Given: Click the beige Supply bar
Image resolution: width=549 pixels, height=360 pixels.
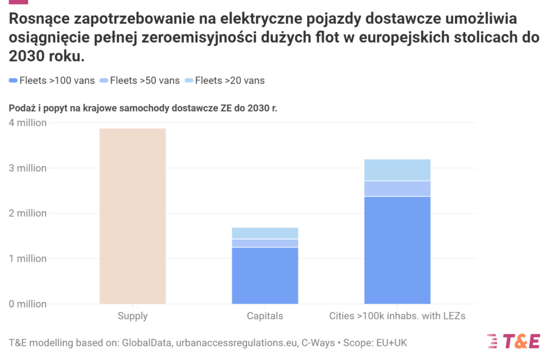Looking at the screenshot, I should point(132,216).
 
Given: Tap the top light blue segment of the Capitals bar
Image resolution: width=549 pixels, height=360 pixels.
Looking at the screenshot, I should point(265,233).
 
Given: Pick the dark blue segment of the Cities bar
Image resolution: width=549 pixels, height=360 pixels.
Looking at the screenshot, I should point(397,250).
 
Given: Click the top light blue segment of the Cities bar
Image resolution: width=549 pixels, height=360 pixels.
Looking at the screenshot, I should point(397,170).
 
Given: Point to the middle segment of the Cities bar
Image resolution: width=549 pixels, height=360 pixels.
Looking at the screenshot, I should point(397,189).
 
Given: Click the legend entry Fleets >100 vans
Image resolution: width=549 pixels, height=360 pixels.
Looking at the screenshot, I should point(52,80).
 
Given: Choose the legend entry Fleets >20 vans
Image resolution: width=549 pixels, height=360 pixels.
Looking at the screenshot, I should point(225,80).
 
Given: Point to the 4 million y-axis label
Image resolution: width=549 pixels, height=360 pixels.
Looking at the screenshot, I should point(27,122).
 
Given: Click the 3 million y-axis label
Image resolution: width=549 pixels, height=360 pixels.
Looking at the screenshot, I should point(27,168).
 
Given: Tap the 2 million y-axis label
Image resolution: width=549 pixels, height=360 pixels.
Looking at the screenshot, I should point(27,214).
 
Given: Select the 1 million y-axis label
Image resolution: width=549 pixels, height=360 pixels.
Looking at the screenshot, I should point(27,259).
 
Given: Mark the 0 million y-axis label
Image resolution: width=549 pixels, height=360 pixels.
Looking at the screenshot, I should point(27,304).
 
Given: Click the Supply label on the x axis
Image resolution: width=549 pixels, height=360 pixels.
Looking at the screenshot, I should point(132,316).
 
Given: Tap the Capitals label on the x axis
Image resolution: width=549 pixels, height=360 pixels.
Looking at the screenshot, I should point(265,316).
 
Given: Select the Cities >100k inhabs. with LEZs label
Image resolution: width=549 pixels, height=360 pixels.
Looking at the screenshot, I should point(397,316).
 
